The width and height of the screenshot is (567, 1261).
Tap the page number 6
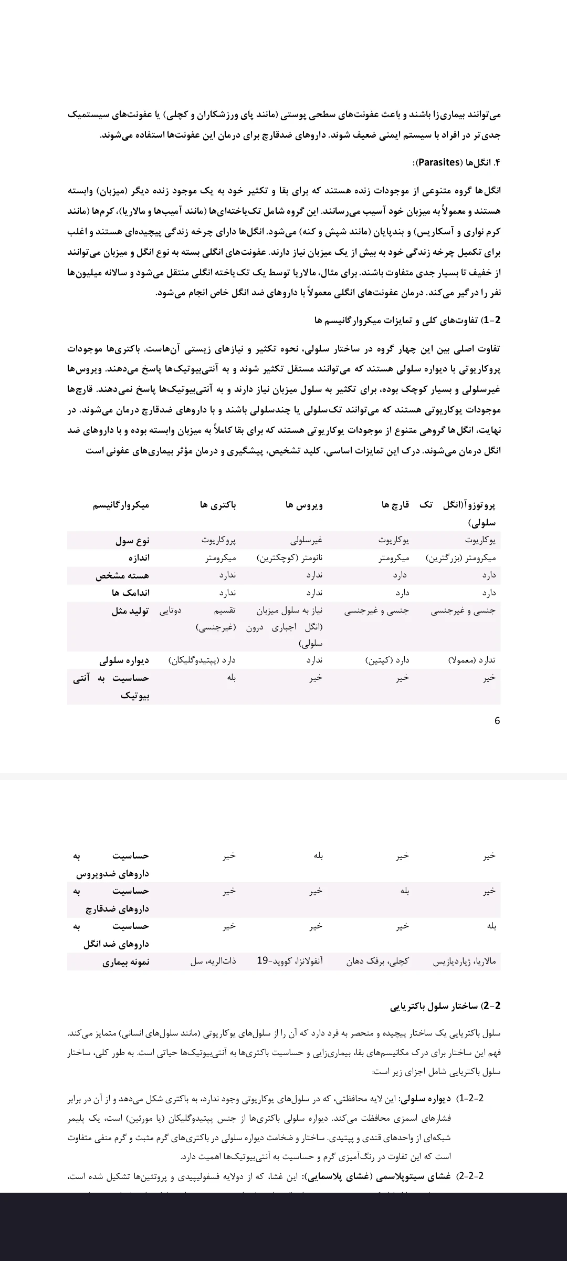[497, 721]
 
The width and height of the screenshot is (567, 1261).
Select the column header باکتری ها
[218, 505]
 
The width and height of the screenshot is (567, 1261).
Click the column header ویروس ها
[304, 505]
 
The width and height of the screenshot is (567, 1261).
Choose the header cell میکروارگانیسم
[121, 505]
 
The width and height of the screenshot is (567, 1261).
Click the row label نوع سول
[132, 541]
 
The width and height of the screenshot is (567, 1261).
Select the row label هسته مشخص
[122, 576]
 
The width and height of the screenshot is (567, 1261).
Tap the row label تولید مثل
[130, 611]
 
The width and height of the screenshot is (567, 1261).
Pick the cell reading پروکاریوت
[219, 540]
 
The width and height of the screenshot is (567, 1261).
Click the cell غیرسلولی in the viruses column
[306, 540]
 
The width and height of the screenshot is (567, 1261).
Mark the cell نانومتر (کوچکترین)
[289, 558]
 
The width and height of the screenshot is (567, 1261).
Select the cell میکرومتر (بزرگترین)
[460, 558]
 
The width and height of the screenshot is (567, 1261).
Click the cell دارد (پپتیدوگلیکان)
[202, 660]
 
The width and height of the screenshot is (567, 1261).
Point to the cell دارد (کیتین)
[387, 660]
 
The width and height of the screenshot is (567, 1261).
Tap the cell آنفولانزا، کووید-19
[290, 961]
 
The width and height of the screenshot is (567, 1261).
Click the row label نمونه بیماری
[126, 962]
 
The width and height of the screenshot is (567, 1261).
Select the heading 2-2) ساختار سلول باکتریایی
[445, 1006]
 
